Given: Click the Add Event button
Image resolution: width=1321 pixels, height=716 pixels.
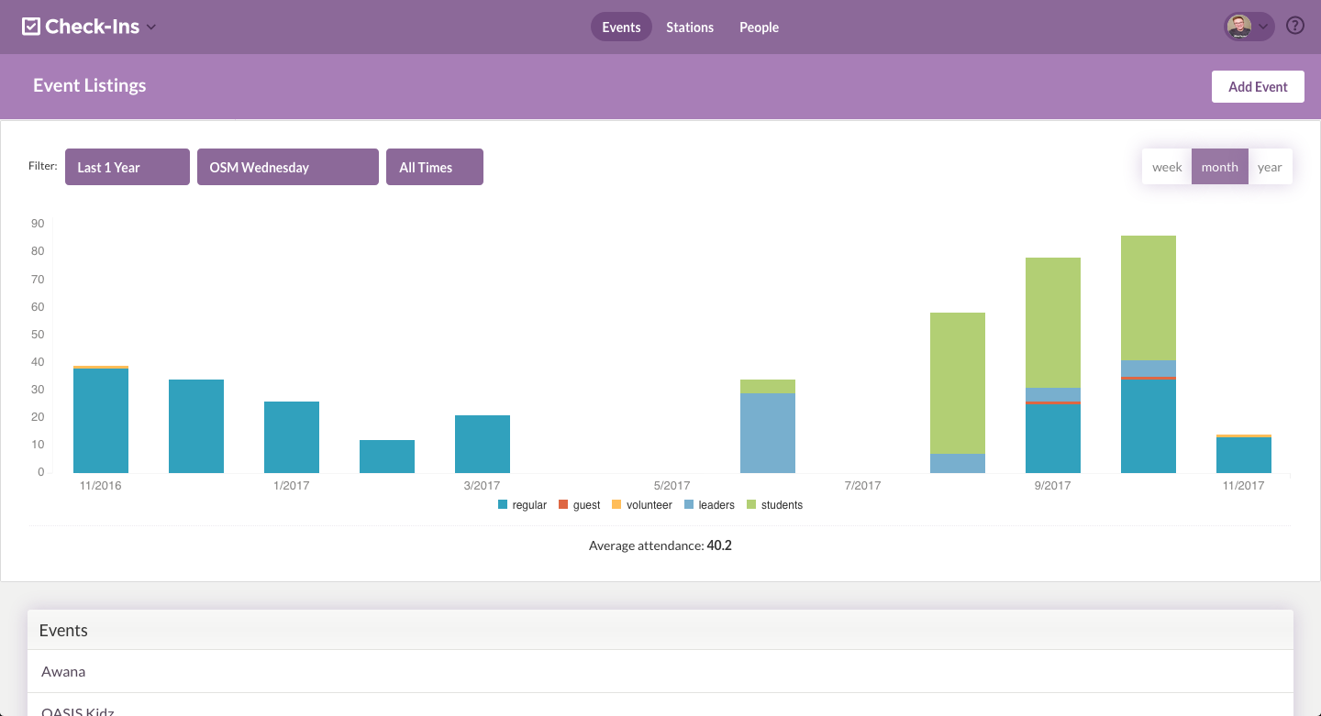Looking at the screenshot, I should [x=1258, y=87].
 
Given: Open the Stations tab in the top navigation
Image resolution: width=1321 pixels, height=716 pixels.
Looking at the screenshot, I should [x=690, y=28].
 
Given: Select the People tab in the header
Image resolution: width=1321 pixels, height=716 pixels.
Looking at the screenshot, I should [x=759, y=28].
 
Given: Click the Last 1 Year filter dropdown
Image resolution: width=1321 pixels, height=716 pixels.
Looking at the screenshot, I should [x=127, y=167].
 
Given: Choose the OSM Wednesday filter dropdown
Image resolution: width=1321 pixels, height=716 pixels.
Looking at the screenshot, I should [x=287, y=167].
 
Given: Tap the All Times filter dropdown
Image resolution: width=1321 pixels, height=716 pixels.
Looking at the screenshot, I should [x=434, y=167].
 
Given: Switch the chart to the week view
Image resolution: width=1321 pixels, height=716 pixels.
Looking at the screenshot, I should [x=1167, y=167].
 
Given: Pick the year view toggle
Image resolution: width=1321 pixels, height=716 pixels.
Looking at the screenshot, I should [x=1270, y=167].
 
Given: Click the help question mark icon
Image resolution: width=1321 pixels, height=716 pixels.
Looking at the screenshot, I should [x=1295, y=26].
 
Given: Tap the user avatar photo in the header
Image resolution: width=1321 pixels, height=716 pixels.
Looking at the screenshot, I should [x=1239, y=27].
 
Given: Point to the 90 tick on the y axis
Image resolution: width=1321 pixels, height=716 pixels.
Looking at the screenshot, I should [x=38, y=224].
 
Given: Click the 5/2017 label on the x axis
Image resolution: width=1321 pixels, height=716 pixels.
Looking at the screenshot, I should [x=672, y=486].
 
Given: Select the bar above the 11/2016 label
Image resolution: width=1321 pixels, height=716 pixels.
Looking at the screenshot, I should [x=101, y=420].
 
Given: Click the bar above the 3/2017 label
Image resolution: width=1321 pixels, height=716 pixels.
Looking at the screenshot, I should [x=483, y=444].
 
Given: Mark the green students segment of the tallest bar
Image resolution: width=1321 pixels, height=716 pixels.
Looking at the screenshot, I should [x=1149, y=298].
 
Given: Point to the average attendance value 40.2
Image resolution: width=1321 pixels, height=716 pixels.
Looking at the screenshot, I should [x=719, y=546].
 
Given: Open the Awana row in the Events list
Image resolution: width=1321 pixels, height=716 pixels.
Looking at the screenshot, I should [x=63, y=672].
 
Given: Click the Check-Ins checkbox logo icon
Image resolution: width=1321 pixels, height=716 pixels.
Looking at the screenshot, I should [x=31, y=27].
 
